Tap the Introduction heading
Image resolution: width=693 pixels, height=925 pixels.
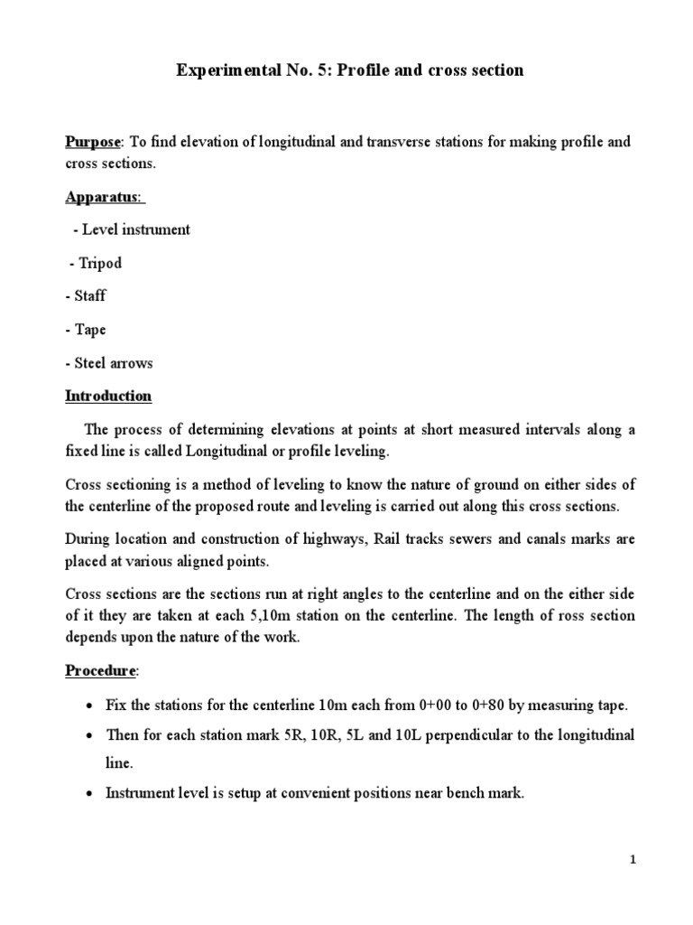point(108,397)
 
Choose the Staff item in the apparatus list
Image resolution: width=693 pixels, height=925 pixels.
point(89,296)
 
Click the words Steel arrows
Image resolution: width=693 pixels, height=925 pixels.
point(112,363)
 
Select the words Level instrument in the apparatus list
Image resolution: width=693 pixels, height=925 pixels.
point(137,229)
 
